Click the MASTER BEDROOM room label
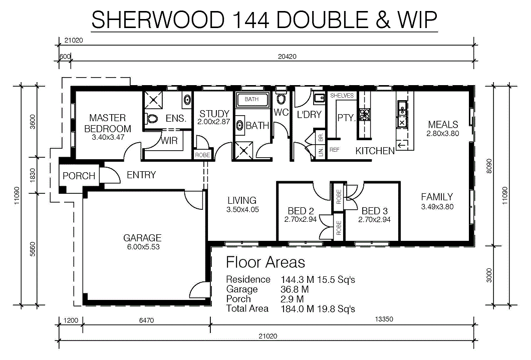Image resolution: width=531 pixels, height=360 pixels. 108,123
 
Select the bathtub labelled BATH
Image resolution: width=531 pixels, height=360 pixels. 251,100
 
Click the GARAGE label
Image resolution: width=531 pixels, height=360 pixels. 142,237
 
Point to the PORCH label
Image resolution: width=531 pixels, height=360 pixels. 79,176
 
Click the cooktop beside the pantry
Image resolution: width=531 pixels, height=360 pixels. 365,114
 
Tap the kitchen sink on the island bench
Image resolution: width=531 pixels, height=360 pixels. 402,114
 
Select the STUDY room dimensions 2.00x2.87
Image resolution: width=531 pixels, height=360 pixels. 214,122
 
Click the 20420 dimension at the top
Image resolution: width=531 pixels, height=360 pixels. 287,57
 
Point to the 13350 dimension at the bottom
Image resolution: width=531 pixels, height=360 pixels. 384,319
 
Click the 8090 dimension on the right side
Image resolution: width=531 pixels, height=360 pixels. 488,166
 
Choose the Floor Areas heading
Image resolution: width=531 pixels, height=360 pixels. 266,262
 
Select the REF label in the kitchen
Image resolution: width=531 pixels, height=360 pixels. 334,150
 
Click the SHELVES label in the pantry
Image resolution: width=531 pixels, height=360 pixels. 342,96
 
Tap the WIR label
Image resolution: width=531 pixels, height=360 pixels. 169,140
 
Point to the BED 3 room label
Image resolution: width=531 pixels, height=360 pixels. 374,211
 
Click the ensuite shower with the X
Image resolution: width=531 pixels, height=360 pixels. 153,100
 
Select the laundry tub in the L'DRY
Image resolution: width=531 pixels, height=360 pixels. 319,99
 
